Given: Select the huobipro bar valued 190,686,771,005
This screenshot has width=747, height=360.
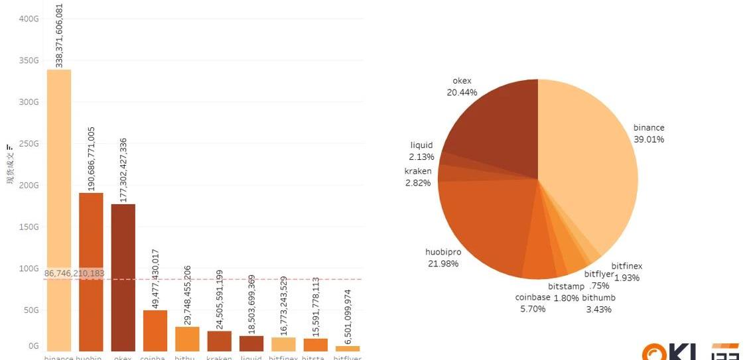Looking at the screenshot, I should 91,271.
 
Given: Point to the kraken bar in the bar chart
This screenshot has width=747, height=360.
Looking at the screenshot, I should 220,341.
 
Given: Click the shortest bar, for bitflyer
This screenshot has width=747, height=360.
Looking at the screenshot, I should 348,348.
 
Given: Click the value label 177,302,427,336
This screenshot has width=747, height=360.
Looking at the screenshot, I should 123,169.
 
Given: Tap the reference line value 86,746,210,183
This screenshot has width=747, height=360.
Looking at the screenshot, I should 74,273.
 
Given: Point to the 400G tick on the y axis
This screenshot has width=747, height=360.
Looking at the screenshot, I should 29,19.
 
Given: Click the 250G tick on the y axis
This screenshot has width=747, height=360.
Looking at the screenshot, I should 29,144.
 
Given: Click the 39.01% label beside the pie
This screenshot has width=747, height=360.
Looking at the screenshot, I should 649,139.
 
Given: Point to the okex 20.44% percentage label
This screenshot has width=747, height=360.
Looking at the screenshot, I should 462,92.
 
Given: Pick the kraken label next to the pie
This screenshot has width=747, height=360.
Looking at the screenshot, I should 418,171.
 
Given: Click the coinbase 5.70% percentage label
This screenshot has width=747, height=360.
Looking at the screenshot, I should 533,308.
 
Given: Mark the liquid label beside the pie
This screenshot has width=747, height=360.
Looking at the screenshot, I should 421,145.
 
